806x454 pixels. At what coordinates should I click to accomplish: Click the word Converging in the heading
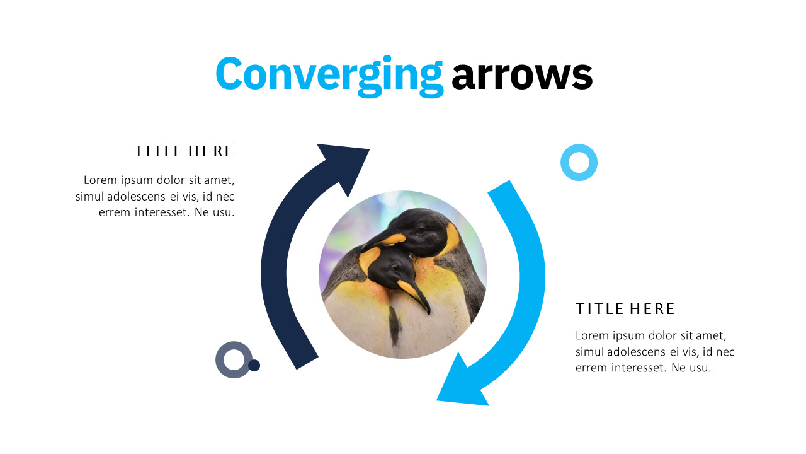tap(329, 76)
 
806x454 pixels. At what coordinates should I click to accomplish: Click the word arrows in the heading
tap(522, 76)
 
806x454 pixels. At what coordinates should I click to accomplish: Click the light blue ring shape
tap(579, 148)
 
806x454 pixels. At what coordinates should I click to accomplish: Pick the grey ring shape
tap(220, 359)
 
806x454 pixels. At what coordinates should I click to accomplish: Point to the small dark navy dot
tap(254, 365)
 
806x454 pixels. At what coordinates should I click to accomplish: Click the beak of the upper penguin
tap(383, 241)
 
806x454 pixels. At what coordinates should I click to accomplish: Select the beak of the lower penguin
tap(414, 296)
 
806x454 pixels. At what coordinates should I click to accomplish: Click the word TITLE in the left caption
tap(159, 151)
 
